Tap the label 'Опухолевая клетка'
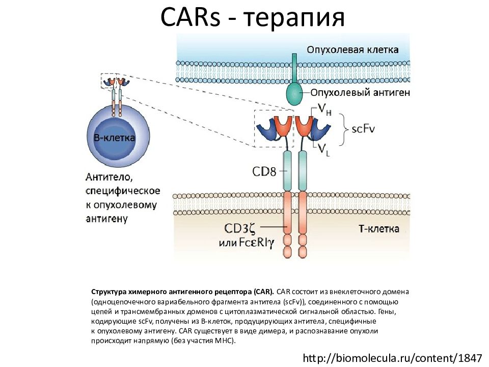click(x=352, y=49)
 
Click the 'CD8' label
click(x=264, y=171)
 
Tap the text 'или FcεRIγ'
click(x=247, y=243)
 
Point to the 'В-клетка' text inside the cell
click(x=115, y=138)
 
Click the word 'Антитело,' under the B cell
click(x=109, y=178)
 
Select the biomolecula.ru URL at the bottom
click(x=392, y=358)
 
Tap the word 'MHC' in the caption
click(x=224, y=340)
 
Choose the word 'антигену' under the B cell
click(x=106, y=219)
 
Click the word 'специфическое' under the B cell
click(x=123, y=191)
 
